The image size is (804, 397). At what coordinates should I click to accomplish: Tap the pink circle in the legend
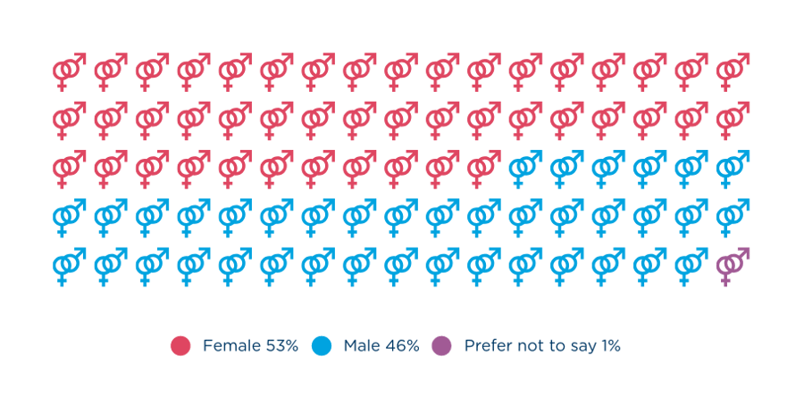click(180, 345)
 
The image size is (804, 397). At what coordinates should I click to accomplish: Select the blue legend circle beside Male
click(321, 345)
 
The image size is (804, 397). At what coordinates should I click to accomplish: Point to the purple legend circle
click(440, 345)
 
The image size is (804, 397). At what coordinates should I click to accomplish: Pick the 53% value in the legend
click(279, 345)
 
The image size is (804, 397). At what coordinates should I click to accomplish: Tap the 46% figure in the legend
click(402, 345)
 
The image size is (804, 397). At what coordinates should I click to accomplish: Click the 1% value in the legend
click(608, 345)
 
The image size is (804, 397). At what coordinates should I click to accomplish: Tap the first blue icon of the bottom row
click(69, 265)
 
